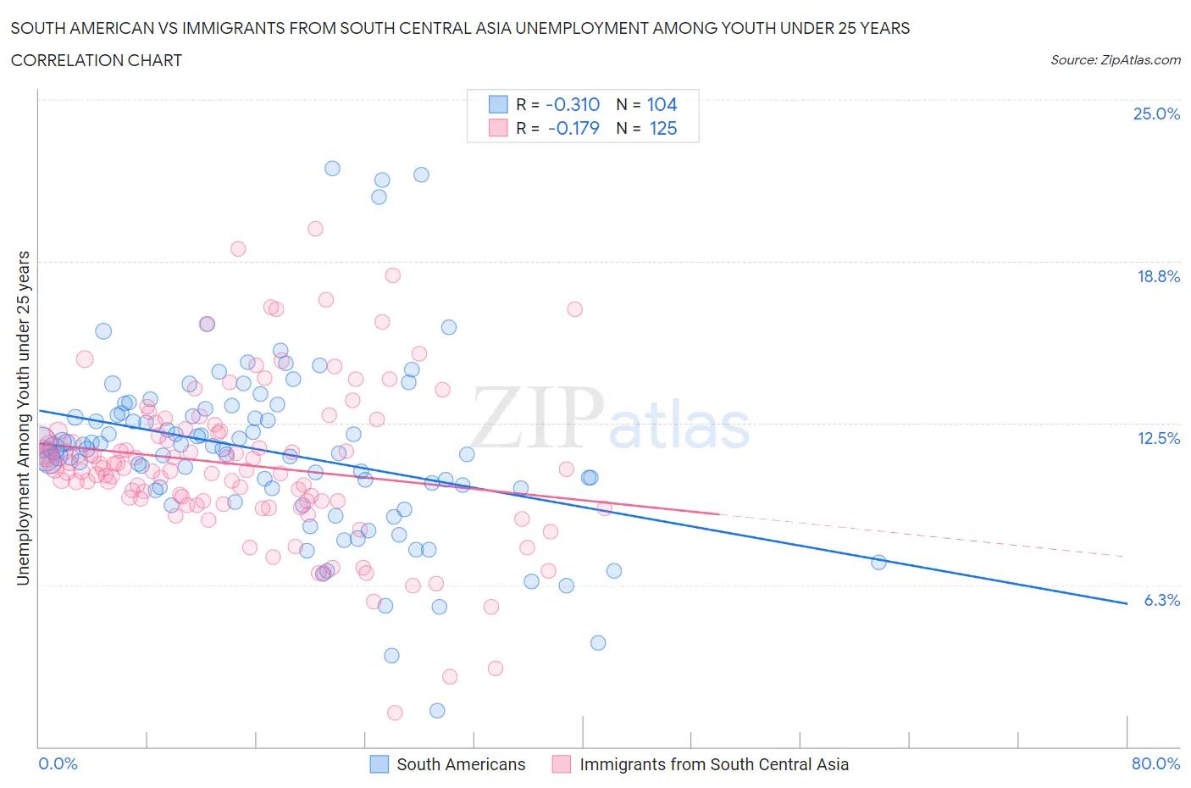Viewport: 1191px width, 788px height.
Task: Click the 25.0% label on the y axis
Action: click(1156, 114)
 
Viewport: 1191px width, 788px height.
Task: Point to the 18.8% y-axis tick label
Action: click(1158, 276)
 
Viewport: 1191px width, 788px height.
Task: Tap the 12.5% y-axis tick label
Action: click(1158, 438)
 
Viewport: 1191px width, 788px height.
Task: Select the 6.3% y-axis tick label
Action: click(1161, 600)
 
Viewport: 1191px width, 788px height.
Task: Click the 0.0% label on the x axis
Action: click(58, 763)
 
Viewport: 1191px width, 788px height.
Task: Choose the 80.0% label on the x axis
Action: click(1155, 763)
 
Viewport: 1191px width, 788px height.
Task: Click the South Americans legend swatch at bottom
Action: click(379, 764)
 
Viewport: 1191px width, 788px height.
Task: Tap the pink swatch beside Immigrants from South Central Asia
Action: click(562, 764)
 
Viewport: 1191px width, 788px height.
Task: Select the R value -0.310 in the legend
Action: click(573, 104)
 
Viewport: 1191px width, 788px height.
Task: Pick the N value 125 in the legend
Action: click(662, 128)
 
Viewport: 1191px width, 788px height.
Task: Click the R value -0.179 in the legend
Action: click(573, 128)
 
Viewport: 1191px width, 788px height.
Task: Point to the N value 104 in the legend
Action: click(662, 104)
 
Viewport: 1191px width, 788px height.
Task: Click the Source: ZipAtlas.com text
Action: click(1115, 60)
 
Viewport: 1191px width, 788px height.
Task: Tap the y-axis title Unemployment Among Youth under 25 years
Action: click(24, 418)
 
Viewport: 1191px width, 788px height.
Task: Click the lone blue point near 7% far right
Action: click(878, 563)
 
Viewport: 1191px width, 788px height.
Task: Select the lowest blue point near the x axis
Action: click(437, 711)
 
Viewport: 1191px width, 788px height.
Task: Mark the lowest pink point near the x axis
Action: click(395, 713)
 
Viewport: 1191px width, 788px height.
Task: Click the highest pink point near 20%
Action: click(315, 228)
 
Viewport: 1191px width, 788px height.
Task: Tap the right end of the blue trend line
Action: click(1127, 603)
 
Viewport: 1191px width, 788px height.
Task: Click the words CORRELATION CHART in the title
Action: click(97, 60)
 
